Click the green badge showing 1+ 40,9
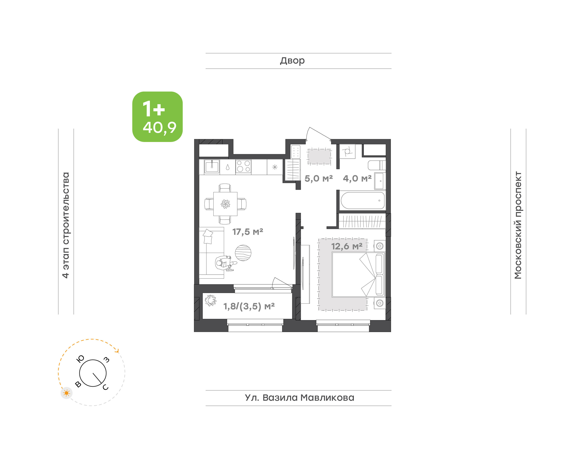pyautogui.click(x=157, y=117)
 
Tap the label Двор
pyautogui.click(x=292, y=61)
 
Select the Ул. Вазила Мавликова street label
pyautogui.click(x=299, y=398)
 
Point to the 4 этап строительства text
pyautogui.click(x=66, y=225)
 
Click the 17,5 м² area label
pyautogui.click(x=247, y=232)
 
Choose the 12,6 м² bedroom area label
pyautogui.click(x=347, y=246)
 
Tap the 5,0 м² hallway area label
pyautogui.click(x=319, y=179)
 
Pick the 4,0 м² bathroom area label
pyautogui.click(x=357, y=179)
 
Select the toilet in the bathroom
pyautogui.click(x=377, y=165)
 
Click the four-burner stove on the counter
pyautogui.click(x=244, y=166)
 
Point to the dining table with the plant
pyautogui.click(x=225, y=204)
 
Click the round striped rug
pyautogui.click(x=243, y=253)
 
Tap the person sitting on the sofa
pyautogui.click(x=225, y=263)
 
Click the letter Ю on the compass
pyautogui.click(x=81, y=359)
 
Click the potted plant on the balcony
pyautogui.click(x=211, y=300)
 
